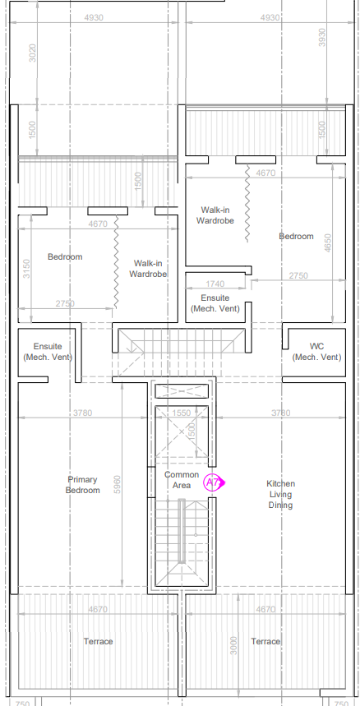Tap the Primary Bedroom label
[x=83, y=484]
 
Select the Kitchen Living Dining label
[x=281, y=494]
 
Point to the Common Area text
[x=182, y=479]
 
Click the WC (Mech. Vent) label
[x=316, y=352]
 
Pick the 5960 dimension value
[x=117, y=484]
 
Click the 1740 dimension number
[x=215, y=284]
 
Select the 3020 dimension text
[x=32, y=53]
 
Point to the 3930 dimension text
[x=321, y=37]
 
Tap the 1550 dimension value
[x=182, y=413]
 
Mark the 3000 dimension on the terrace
[x=233, y=645]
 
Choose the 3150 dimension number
[x=26, y=269]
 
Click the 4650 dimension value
[x=328, y=243]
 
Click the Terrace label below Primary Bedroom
[x=98, y=641]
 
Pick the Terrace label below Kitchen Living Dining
[x=265, y=641]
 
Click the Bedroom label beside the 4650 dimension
[x=296, y=236]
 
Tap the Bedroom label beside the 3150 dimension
[x=65, y=256]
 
